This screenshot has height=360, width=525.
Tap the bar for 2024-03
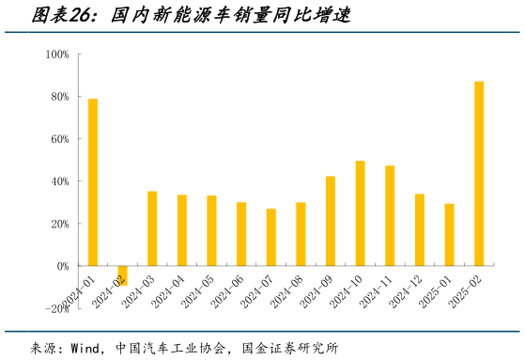click(x=152, y=228)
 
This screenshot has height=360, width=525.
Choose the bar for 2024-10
click(x=360, y=213)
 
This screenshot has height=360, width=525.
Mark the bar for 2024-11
click(x=390, y=216)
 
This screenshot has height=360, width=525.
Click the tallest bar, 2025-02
click(x=479, y=174)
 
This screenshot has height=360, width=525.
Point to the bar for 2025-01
click(x=449, y=235)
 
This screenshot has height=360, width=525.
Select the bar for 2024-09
click(x=331, y=221)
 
